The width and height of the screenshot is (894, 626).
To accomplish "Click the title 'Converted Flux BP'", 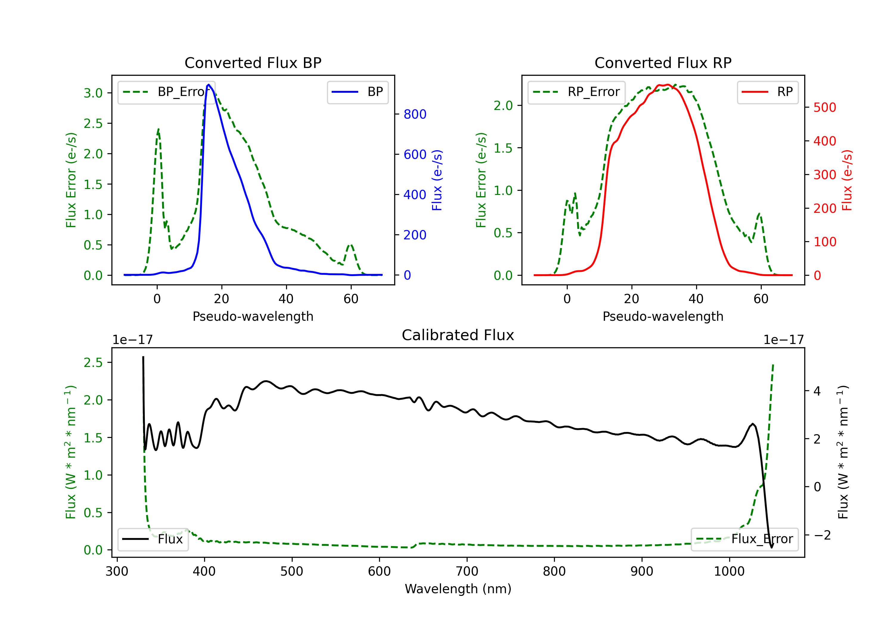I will pyautogui.click(x=253, y=63).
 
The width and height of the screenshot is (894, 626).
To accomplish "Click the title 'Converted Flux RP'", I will pyautogui.click(x=663, y=63).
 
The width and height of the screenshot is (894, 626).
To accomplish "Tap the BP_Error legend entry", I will pyautogui.click(x=166, y=92).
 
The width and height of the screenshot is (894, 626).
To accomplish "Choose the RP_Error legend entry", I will pyautogui.click(x=576, y=92).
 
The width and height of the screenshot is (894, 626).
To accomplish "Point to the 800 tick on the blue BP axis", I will pyautogui.click(x=415, y=114).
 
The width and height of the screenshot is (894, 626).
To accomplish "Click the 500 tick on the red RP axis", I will pyautogui.click(x=825, y=108).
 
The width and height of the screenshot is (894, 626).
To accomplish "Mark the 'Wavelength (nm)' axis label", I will pyautogui.click(x=458, y=589).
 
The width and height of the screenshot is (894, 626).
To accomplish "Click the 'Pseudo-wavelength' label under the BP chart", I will pyautogui.click(x=253, y=316).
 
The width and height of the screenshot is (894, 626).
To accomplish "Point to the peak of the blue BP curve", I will pyautogui.click(x=209, y=85).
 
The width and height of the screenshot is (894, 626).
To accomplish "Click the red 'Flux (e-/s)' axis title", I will pyautogui.click(x=847, y=180).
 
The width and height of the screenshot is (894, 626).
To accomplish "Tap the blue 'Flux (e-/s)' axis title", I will pyautogui.click(x=437, y=180).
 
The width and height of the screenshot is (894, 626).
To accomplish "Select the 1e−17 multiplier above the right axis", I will pyautogui.click(x=783, y=340).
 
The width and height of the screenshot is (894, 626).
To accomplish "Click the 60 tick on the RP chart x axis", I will pyautogui.click(x=761, y=299).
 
